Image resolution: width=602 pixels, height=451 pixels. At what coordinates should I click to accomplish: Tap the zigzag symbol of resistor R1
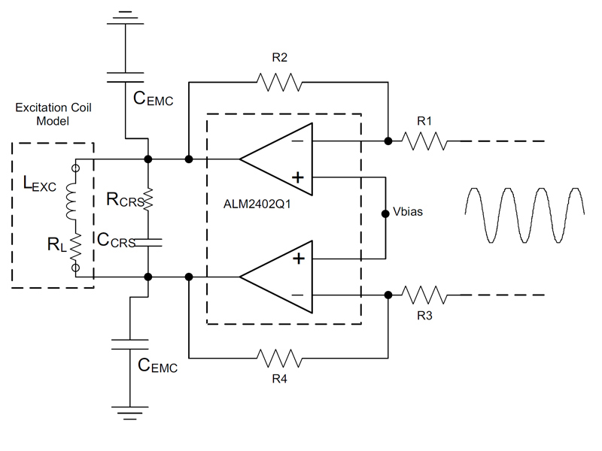424,141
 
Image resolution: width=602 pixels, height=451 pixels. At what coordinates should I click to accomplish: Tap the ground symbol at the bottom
130,411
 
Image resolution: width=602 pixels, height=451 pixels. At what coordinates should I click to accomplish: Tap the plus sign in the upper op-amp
298,178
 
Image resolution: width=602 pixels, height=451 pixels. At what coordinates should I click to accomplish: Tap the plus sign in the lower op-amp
298,259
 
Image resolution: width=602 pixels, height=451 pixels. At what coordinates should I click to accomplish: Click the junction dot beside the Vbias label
385,212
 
